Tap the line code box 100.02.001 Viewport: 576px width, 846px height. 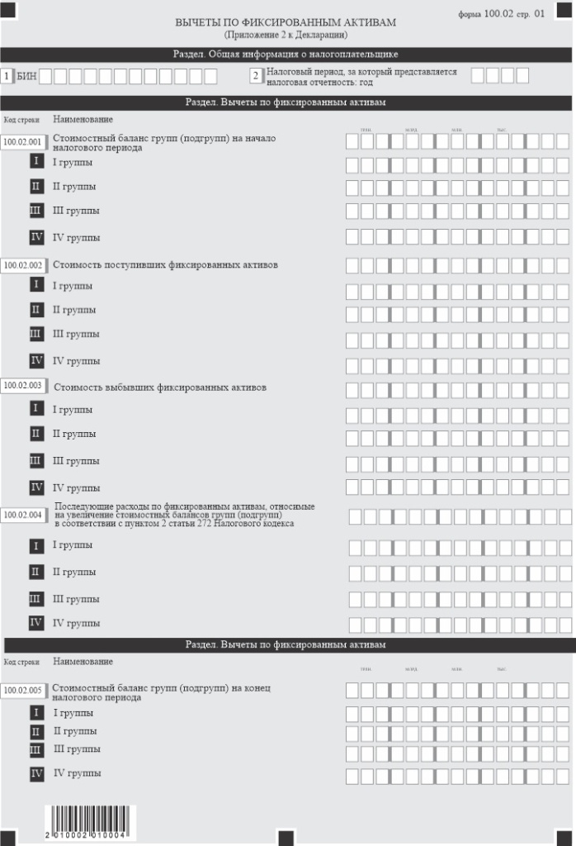click(x=22, y=141)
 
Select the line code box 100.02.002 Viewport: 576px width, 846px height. click(x=22, y=265)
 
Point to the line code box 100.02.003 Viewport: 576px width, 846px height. click(x=22, y=385)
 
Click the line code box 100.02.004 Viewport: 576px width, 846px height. click(x=22, y=514)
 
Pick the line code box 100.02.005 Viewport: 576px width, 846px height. click(x=22, y=690)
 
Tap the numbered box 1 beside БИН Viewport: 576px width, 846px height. click(x=7, y=76)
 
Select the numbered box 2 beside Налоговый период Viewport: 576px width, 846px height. click(x=256, y=76)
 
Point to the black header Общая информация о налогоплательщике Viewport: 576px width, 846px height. click(x=286, y=55)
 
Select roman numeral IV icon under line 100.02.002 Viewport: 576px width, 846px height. click(x=36, y=360)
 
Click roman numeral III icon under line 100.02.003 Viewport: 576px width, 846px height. click(x=36, y=460)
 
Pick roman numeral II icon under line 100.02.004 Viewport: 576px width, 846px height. click(x=36, y=571)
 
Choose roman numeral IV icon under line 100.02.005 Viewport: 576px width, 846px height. click(x=36, y=773)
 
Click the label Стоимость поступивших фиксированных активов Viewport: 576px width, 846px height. click(x=165, y=265)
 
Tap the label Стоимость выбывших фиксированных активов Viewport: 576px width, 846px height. click(x=159, y=386)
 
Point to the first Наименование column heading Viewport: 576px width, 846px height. click(x=83, y=120)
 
